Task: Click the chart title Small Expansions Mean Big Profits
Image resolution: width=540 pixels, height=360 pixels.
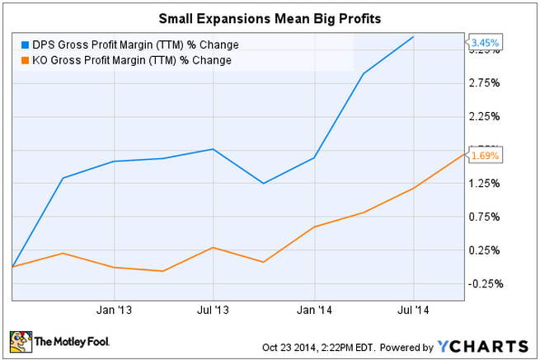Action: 270,16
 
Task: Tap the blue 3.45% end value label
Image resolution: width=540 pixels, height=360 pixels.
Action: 483,41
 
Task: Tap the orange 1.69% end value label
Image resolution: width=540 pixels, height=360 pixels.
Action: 483,155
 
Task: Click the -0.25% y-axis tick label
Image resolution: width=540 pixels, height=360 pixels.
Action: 484,284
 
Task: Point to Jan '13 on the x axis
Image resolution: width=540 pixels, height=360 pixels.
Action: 114,311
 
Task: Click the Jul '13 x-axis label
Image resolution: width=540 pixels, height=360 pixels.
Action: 214,311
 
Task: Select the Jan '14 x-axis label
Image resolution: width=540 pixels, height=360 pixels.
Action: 314,311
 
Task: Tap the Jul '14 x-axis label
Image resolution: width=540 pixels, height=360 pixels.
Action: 414,311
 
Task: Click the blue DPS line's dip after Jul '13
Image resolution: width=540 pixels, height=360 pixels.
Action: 264,183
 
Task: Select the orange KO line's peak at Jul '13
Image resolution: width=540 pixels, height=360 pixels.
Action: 214,247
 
